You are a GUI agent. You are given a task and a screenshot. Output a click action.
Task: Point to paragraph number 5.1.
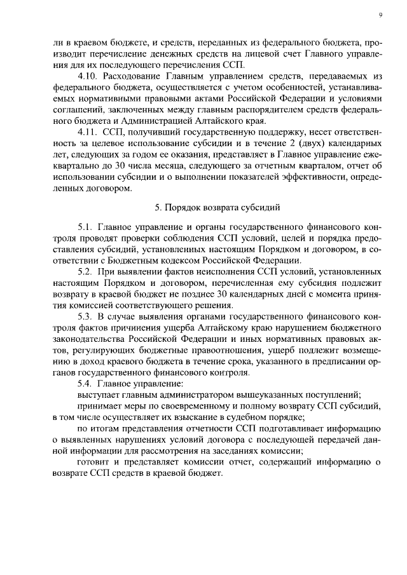86,227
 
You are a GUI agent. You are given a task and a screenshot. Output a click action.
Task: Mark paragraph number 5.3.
86,316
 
